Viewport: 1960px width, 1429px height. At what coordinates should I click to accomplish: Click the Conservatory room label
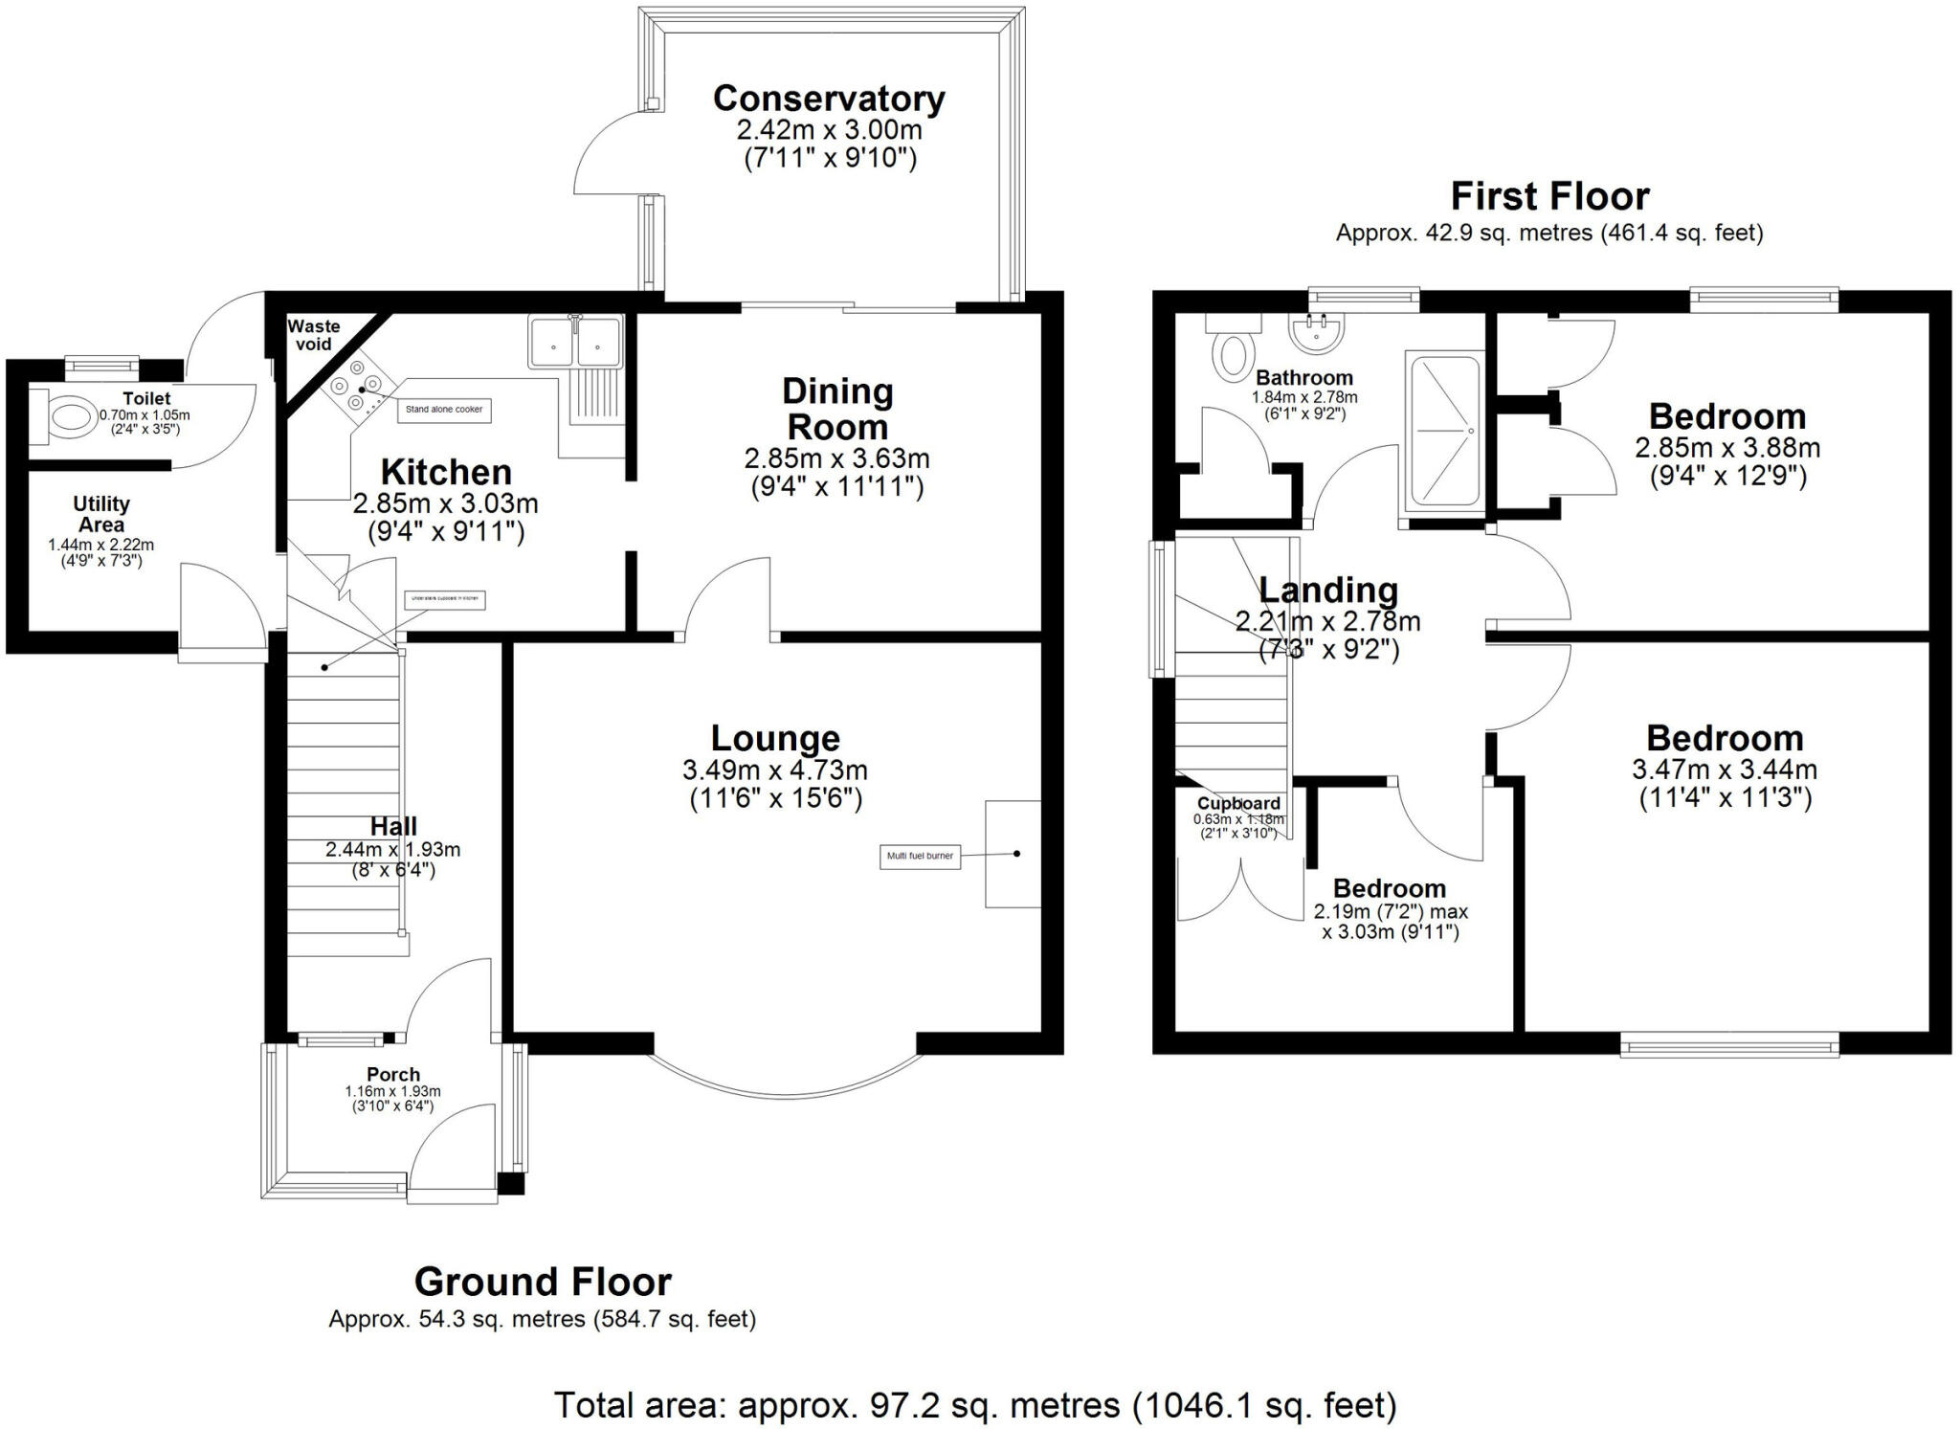[x=829, y=99]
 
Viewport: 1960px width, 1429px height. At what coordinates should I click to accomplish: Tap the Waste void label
[x=313, y=335]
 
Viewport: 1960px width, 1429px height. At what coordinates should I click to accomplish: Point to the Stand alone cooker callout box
[x=444, y=410]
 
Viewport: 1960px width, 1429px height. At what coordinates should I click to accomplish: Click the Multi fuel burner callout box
[x=919, y=856]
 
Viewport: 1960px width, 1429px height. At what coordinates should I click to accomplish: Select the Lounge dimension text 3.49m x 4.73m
[x=775, y=770]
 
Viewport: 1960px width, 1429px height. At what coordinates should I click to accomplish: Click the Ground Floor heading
[x=543, y=1281]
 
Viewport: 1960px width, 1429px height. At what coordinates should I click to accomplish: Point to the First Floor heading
[x=1549, y=196]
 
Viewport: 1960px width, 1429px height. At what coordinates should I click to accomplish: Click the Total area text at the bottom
[x=975, y=1405]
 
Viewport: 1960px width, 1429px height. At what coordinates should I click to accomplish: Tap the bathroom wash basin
[x=1318, y=332]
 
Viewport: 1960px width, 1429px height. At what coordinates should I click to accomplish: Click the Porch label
[x=392, y=1075]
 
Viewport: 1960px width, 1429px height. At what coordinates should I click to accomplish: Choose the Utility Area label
[x=101, y=514]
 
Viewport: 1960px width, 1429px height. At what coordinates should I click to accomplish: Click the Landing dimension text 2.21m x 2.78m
[x=1327, y=621]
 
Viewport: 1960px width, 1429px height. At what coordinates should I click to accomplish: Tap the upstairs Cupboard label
[x=1237, y=803]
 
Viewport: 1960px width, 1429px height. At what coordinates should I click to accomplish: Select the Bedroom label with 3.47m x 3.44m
[x=1725, y=738]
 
